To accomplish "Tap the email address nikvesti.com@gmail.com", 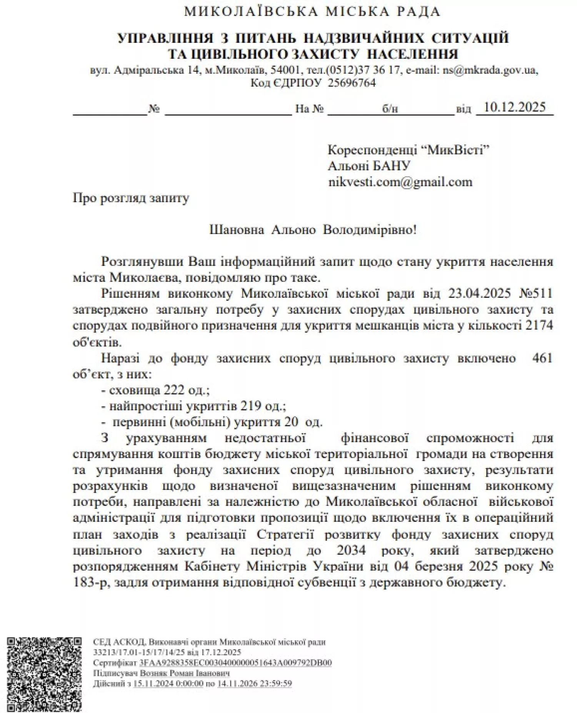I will point(400,182).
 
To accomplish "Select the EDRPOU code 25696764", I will point(352,83).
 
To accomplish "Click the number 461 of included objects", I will point(542,358).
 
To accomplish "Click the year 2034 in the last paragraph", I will point(351,551).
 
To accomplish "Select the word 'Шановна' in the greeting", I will point(237,230).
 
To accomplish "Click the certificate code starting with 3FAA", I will point(235,674).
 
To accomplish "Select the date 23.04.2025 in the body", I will point(479,293).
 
